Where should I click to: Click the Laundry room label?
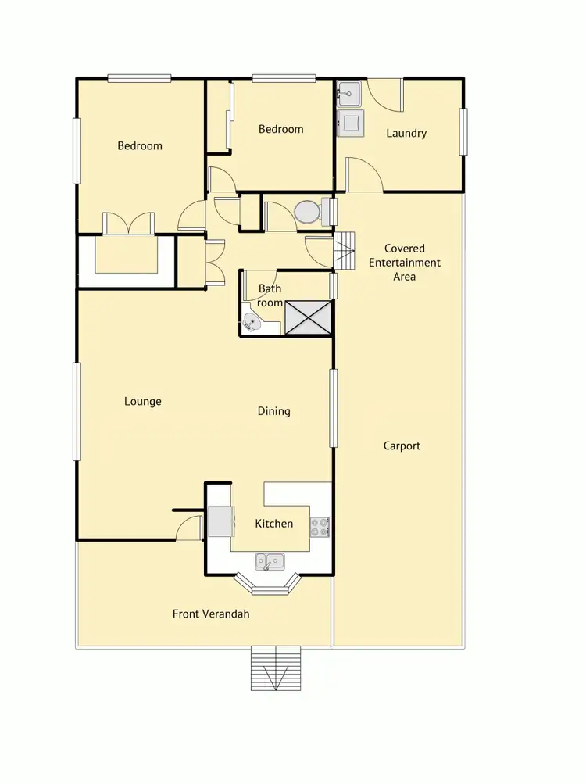406,133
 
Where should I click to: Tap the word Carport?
402,446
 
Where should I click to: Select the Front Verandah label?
211,614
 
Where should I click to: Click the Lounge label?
143,401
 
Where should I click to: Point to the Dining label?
273,411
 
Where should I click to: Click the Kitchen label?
273,523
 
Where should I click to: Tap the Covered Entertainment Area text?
404,263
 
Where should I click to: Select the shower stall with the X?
309,317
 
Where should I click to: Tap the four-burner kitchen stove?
320,527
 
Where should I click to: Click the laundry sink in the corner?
348,94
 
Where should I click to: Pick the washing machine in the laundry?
351,123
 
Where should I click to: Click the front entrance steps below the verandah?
275,668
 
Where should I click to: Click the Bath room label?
270,295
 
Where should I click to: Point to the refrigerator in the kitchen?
220,521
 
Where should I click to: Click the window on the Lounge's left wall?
77,411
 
